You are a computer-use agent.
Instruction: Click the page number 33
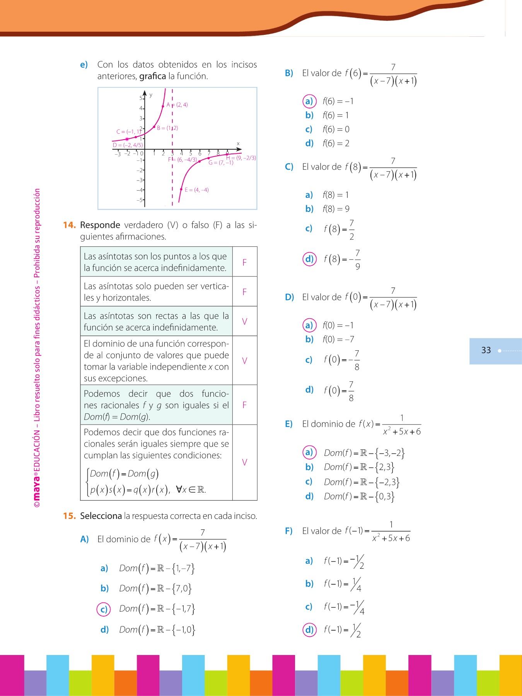(x=486, y=350)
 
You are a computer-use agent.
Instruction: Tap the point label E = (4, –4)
(x=196, y=190)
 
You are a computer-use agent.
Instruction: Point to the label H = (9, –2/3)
(x=241, y=158)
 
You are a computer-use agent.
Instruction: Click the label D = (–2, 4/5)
(x=128, y=145)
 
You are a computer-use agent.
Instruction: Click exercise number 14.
(x=70, y=225)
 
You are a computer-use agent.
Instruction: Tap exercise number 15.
(x=70, y=516)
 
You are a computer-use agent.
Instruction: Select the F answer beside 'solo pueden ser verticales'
(x=244, y=292)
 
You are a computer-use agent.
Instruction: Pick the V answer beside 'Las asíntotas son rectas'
(x=244, y=321)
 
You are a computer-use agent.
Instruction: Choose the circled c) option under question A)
(x=104, y=609)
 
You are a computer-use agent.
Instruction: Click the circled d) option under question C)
(x=309, y=259)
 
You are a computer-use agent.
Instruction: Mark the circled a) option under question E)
(x=309, y=452)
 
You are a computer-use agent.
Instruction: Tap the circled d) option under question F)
(x=309, y=629)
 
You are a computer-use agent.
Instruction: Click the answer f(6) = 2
(x=336, y=143)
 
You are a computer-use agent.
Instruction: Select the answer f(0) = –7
(x=338, y=339)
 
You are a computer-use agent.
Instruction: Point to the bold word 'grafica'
(x=152, y=76)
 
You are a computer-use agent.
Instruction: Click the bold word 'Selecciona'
(x=101, y=516)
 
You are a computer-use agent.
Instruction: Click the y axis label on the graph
(x=151, y=95)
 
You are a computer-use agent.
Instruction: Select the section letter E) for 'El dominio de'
(x=289, y=424)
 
